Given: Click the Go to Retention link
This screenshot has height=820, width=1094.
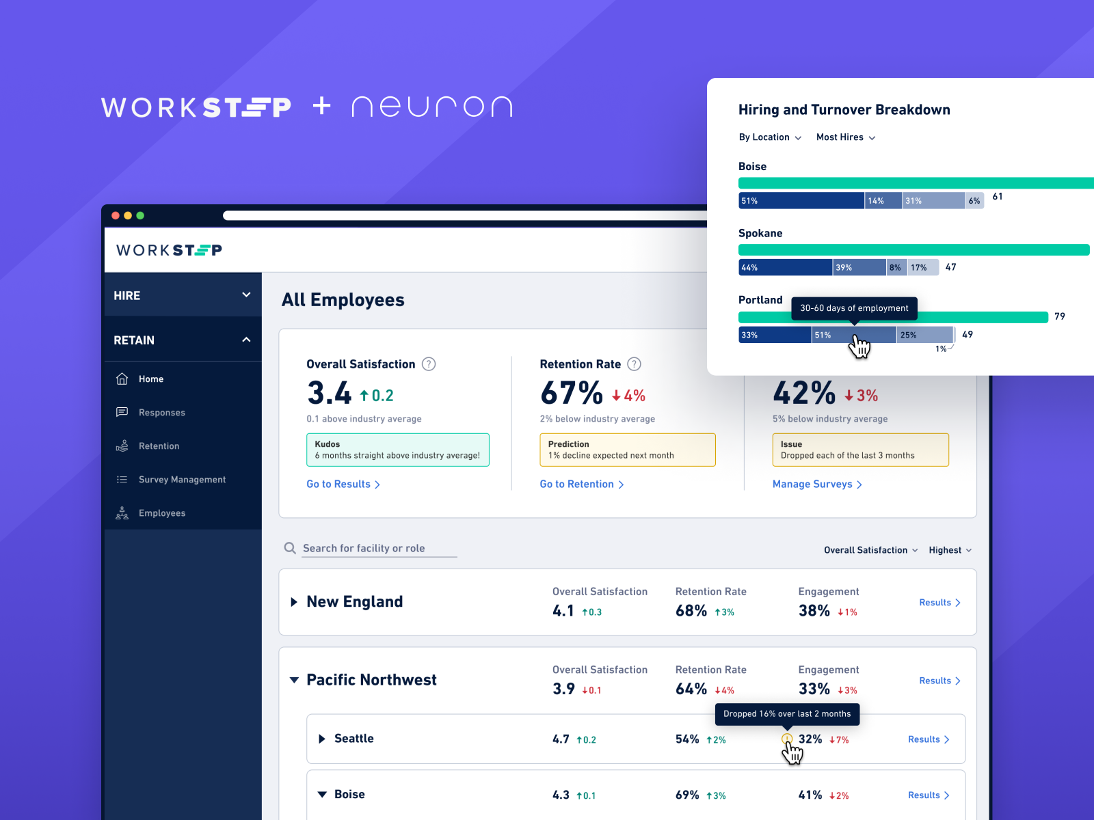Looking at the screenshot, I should (x=581, y=484).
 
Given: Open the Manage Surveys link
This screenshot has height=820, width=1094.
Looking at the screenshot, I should (x=816, y=484).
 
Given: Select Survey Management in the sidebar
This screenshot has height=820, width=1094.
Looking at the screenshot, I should (x=182, y=480).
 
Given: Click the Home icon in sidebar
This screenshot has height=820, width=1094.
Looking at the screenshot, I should (x=122, y=379).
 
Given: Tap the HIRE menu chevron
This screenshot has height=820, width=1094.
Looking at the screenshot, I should (x=246, y=295).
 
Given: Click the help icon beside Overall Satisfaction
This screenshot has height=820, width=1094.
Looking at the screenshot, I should (x=429, y=364).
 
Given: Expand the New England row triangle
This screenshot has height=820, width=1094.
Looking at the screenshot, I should (x=294, y=602).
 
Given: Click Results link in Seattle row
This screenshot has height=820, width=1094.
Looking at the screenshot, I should (x=928, y=739).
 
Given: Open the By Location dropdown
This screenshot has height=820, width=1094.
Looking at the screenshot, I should (x=770, y=137).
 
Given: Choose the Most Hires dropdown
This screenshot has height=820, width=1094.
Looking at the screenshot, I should (x=845, y=137).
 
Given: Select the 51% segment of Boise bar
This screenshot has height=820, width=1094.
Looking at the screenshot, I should (x=801, y=201).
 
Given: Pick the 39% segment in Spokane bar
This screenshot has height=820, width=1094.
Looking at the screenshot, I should (x=859, y=267).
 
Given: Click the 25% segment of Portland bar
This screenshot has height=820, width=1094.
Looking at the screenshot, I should (x=924, y=335).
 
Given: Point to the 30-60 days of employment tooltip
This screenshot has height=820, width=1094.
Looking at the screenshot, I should (x=854, y=308).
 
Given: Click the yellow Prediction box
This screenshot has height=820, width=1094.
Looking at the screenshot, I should (x=627, y=450).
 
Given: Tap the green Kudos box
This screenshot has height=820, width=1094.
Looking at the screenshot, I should (x=397, y=450).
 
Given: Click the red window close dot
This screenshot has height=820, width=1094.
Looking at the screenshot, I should (x=116, y=215).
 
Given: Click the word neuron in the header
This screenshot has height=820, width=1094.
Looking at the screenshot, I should (x=431, y=107).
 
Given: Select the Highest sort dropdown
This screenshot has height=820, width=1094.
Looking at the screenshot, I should (x=950, y=550).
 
